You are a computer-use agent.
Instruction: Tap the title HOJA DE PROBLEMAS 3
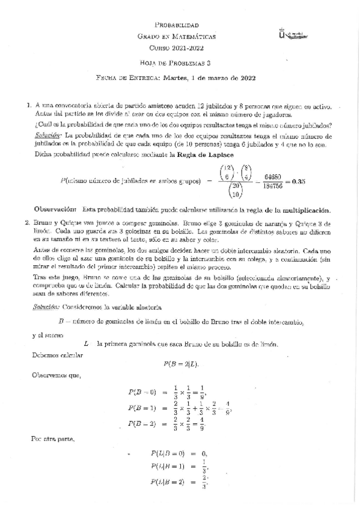coord(177,62)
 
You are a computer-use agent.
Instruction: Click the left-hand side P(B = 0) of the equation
coord(142,392)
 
